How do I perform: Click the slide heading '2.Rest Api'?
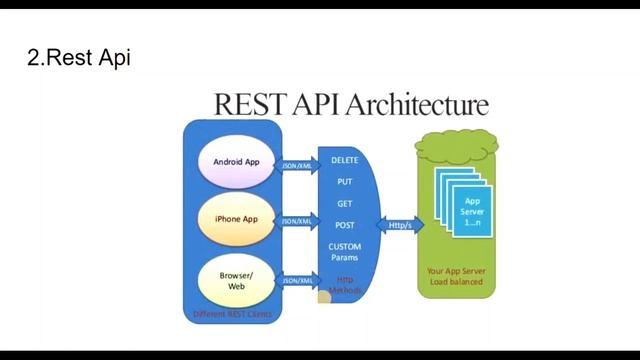(78, 58)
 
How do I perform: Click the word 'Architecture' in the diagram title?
(419, 104)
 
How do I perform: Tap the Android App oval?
(236, 162)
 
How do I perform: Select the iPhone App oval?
(236, 219)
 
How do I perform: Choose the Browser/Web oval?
(236, 280)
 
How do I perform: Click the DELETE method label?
(344, 160)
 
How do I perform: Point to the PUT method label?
(344, 182)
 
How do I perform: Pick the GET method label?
(344, 204)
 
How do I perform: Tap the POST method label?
(344, 225)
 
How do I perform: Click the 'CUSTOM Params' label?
(344, 252)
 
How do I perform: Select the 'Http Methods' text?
(345, 285)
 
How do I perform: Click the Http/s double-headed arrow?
(400, 225)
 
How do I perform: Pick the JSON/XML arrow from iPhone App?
(298, 221)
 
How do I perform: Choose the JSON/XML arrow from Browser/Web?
(298, 281)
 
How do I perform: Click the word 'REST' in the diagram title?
(250, 104)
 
